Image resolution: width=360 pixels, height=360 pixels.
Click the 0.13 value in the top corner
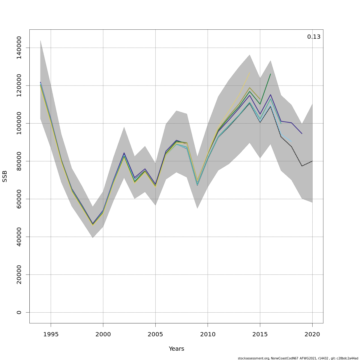pos(313,37)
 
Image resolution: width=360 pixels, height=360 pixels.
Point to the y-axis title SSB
pos(4,176)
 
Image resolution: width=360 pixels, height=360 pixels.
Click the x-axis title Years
pos(176,349)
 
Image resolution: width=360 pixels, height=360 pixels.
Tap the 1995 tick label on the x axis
pos(51,334)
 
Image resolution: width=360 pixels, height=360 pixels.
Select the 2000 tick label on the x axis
pos(103,334)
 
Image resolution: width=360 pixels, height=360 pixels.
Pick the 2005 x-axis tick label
pos(155,334)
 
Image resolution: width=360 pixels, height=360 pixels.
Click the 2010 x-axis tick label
pos(208,334)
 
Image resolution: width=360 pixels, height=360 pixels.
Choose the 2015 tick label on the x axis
pos(260,334)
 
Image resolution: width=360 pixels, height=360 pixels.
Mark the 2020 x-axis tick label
pos(312,334)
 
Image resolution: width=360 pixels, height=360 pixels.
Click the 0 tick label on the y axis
pos(19,312)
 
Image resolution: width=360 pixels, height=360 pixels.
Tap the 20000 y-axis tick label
pos(19,274)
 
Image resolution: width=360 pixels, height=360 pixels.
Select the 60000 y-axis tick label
pos(19,199)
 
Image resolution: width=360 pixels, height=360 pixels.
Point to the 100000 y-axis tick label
pos(19,123)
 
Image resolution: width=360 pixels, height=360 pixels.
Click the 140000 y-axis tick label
pos(19,48)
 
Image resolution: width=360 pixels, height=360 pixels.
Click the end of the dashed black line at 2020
pos(312,161)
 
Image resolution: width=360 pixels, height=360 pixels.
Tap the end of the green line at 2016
pos(271,74)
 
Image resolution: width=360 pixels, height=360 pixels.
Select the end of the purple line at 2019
pos(302,133)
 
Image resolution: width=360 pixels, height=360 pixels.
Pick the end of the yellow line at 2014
pos(250,73)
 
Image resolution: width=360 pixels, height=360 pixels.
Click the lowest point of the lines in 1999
pos(93,225)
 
